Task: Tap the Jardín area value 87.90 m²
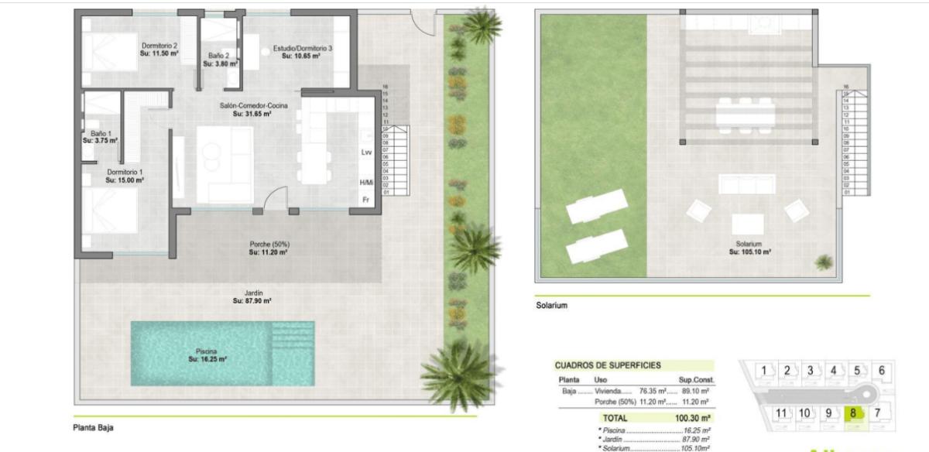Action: [252, 301]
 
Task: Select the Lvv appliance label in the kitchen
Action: [367, 152]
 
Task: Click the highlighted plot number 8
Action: [853, 413]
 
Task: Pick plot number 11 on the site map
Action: [781, 413]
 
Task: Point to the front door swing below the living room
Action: [275, 199]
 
